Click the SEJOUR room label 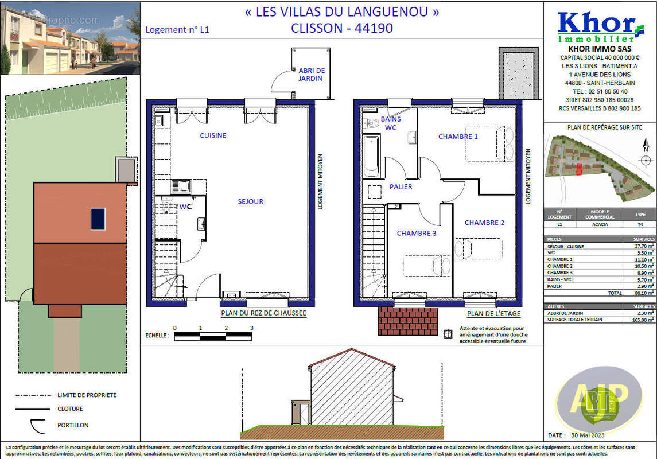pos(251,201)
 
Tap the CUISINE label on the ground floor pos(213,135)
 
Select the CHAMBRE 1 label pos(458,137)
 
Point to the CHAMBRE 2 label pos(484,223)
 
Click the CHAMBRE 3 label pos(417,233)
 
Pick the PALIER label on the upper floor pos(401,186)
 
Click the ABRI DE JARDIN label pos(312,75)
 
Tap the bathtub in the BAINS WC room pos(372,156)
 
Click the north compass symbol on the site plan pos(645,155)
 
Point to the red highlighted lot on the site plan pos(579,169)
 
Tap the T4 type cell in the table pos(640,225)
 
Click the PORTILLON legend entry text pos(73,425)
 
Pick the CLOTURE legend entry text pos(70,409)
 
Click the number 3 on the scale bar pos(251,328)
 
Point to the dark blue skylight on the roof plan pos(98,219)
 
